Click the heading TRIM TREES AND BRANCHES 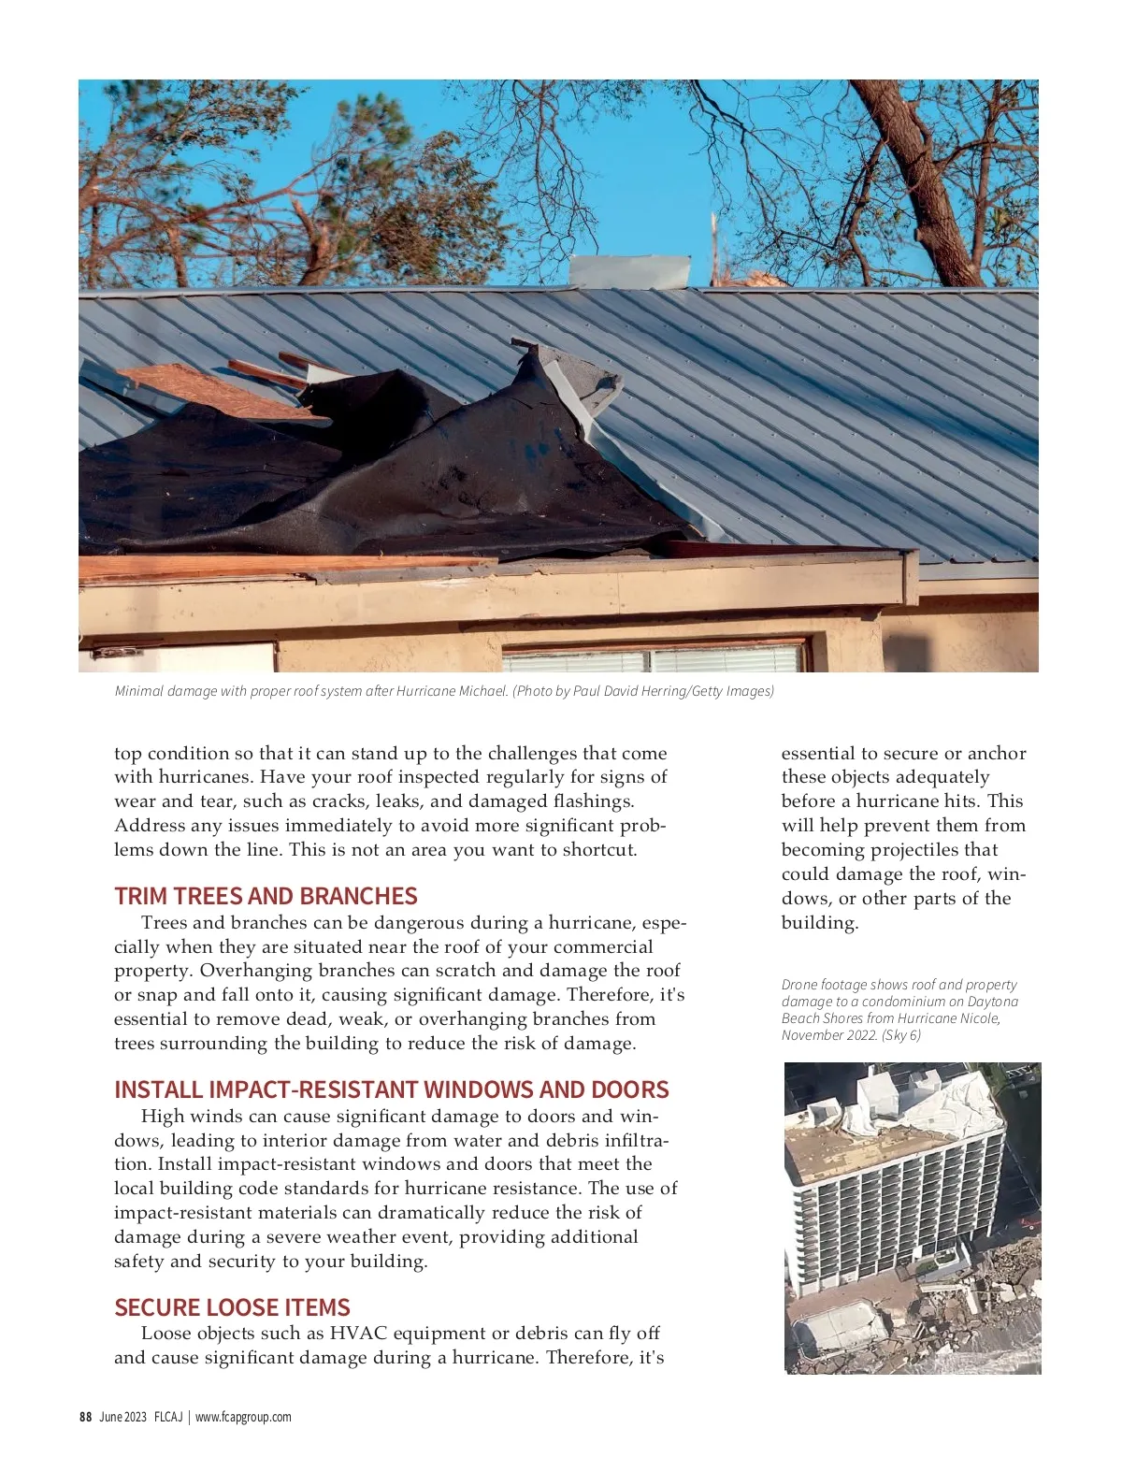(266, 896)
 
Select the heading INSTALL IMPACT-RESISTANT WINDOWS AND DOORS (391, 1089)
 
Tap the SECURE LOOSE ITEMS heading (232, 1307)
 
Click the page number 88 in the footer (85, 1417)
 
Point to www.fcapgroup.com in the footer (243, 1417)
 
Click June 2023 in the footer (122, 1417)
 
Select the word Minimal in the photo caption (138, 691)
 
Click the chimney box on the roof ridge (629, 271)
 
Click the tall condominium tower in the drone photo (888, 1188)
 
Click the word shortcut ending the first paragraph (598, 849)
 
